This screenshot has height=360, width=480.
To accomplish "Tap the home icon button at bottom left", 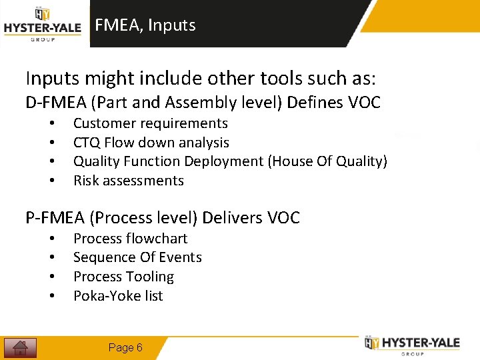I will (20, 347).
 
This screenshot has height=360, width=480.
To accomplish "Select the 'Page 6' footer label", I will (125, 347).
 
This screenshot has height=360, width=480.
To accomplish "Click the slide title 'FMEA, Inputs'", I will (145, 25).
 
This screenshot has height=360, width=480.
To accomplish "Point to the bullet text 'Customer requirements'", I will (150, 123).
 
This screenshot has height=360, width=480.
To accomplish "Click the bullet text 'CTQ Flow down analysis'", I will (151, 143).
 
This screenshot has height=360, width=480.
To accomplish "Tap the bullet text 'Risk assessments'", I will (128, 181).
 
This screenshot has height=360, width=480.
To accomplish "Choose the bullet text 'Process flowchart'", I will (130, 239).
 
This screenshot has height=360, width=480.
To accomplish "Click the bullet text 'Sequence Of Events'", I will (137, 257).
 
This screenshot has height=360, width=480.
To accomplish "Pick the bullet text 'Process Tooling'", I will (123, 277).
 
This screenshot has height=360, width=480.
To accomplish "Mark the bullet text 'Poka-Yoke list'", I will (118, 296).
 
